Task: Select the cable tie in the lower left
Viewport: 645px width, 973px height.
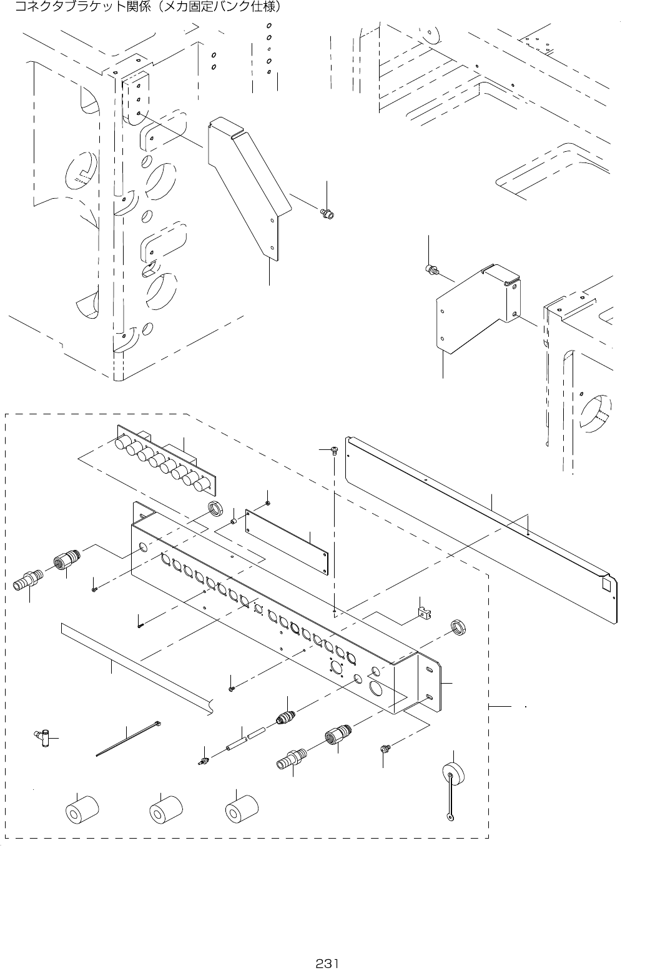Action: (129, 740)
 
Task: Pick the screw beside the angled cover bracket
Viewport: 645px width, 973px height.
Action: (327, 214)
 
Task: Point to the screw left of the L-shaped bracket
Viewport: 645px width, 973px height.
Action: (430, 270)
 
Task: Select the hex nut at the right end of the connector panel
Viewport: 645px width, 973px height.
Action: (459, 627)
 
